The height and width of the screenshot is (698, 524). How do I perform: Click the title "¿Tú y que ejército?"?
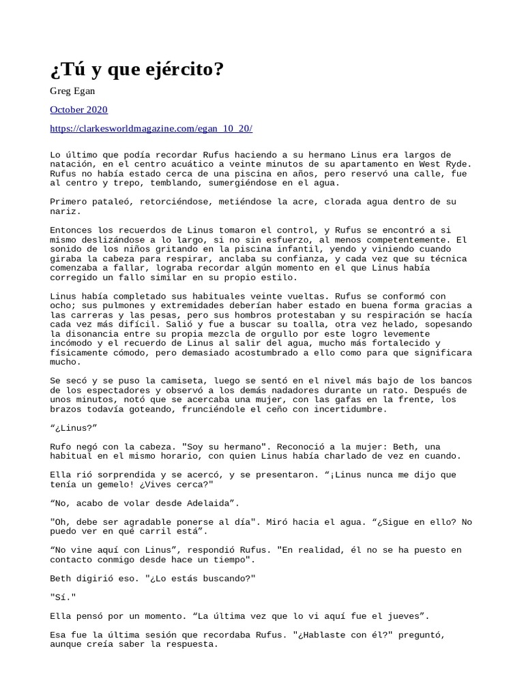(137, 70)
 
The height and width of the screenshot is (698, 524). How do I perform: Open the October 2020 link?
(79, 110)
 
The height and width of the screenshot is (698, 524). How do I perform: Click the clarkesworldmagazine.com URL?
(151, 128)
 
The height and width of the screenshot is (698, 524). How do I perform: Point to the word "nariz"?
(65, 211)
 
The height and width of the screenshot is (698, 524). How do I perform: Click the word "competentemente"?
(401, 240)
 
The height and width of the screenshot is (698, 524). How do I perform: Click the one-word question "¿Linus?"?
(74, 428)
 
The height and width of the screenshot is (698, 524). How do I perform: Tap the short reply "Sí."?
(63, 597)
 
